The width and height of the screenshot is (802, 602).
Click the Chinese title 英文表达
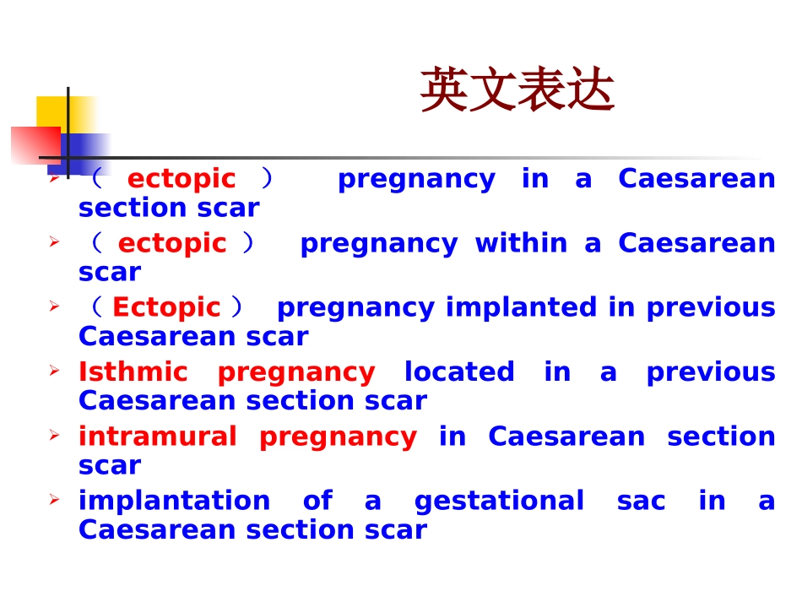pos(517,90)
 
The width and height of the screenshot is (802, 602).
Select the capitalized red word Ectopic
pos(166,307)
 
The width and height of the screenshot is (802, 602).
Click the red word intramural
pos(158,437)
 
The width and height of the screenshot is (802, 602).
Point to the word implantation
pos(174,501)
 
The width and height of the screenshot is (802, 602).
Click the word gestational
pos(499,501)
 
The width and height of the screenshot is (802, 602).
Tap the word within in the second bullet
pos(521,243)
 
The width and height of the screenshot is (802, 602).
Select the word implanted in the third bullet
pos(521,307)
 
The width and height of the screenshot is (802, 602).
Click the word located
pos(459,372)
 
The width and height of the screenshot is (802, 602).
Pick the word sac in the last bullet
pos(641,501)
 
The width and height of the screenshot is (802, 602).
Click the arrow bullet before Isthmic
pos(54,371)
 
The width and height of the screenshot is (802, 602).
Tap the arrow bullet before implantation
pos(54,500)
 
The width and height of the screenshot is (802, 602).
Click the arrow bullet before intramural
pos(54,436)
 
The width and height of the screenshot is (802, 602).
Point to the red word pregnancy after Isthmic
pos(296,372)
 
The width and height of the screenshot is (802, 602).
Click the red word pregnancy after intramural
pos(338,437)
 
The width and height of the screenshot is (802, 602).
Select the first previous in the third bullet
pos(711,307)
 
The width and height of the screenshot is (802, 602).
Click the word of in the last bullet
pos(317,501)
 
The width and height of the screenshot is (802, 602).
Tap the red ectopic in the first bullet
pos(182,179)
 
